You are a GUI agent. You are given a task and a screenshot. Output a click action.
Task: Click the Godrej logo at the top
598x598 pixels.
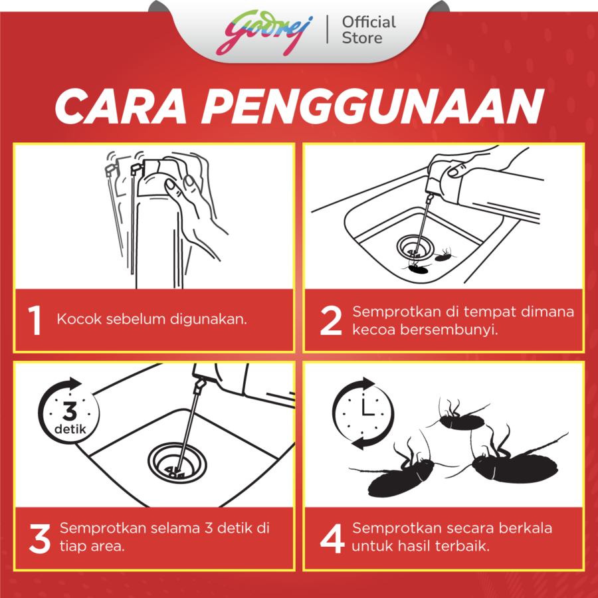264,32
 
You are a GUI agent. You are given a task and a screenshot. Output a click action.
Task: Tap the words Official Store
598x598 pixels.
369,30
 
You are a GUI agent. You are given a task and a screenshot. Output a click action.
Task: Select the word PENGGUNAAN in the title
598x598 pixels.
372,106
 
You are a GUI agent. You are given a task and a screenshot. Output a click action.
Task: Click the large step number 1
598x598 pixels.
35,320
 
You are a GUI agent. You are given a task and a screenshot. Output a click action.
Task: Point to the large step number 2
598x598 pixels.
331,320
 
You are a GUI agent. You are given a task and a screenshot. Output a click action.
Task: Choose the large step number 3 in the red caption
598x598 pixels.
40,538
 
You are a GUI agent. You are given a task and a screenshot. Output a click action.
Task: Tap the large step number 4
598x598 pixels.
332,538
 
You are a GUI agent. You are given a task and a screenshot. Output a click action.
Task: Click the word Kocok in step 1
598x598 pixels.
79,319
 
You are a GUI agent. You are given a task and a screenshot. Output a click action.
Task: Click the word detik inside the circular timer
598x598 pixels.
70,429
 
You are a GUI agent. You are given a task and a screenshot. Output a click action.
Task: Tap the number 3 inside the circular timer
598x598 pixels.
70,411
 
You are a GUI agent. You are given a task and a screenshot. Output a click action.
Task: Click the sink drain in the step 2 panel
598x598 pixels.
415,248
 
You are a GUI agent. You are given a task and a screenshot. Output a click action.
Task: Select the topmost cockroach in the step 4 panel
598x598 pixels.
460,417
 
